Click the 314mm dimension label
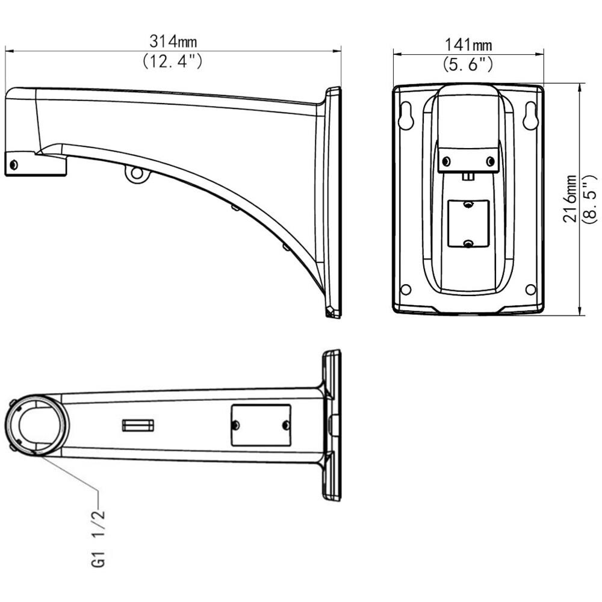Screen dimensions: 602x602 point(173,42)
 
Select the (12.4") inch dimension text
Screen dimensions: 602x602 point(172,61)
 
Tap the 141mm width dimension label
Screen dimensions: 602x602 point(468,45)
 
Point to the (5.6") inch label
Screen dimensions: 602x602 point(468,64)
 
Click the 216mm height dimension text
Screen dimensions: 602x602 point(569,199)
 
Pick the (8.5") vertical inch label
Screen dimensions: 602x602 point(589,199)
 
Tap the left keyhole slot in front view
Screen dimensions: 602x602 point(407,116)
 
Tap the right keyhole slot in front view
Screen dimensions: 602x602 point(530,116)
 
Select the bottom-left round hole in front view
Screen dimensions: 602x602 point(406,290)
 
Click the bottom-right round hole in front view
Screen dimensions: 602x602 point(530,290)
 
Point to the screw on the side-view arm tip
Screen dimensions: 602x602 point(14,164)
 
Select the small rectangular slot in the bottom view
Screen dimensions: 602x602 point(138,426)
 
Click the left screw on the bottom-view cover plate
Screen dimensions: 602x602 point(235,426)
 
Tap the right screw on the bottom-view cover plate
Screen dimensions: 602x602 point(286,426)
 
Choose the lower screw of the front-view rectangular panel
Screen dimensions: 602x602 point(468,243)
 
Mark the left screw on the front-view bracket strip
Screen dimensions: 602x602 point(447,161)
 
